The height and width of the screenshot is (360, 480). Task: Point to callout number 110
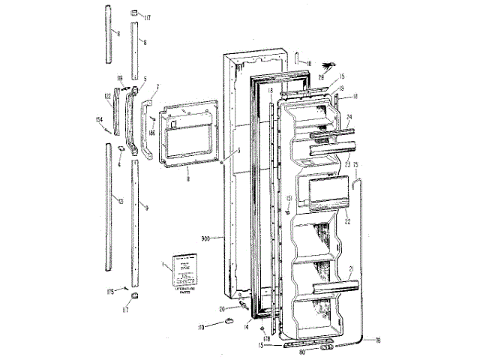(200, 328)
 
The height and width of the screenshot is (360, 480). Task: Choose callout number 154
(100, 118)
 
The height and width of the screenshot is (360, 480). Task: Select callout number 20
(222, 308)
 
